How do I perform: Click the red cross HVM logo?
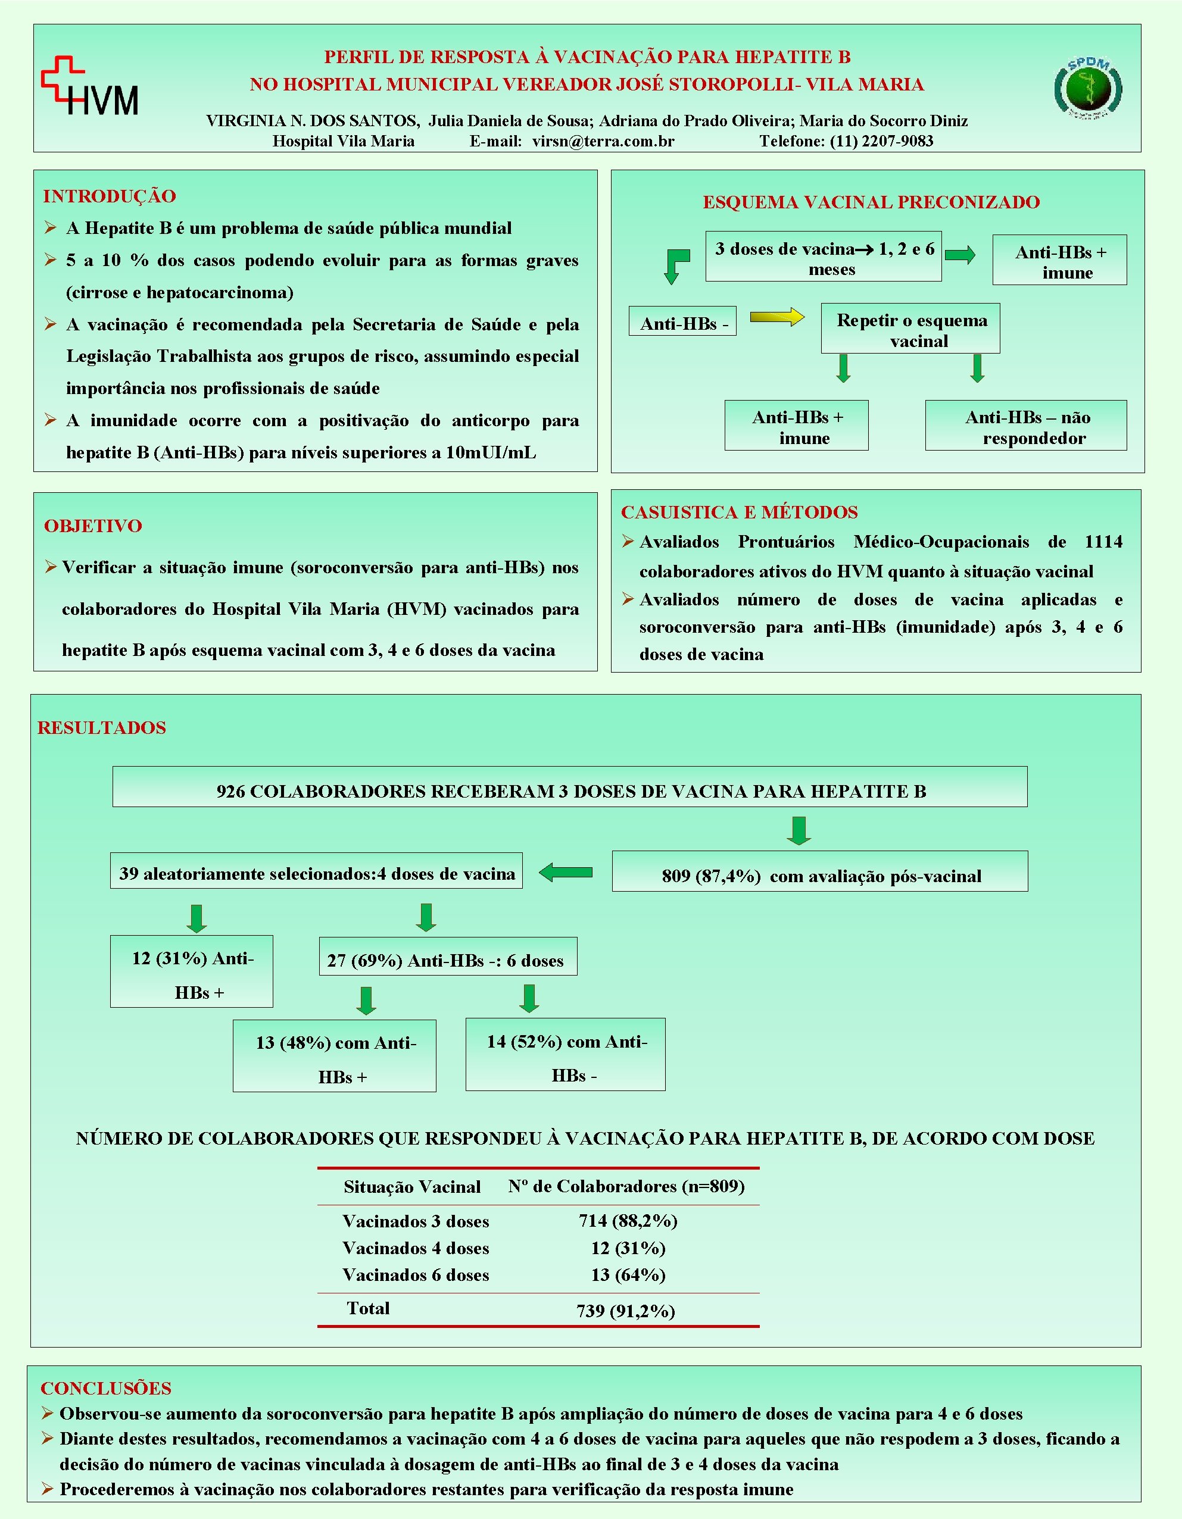[x=89, y=86]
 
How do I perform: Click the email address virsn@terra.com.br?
[x=603, y=141]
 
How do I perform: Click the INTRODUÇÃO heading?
[x=109, y=196]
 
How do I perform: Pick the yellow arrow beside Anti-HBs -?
[x=776, y=318]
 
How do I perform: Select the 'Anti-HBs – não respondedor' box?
[x=1025, y=426]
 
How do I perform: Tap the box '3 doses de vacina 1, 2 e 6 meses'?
[x=823, y=257]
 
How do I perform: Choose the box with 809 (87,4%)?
[x=819, y=875]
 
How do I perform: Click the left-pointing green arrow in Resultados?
[x=566, y=872]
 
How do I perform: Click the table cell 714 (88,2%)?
[x=628, y=1221]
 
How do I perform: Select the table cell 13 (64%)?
[x=628, y=1275]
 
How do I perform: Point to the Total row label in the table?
[x=368, y=1308]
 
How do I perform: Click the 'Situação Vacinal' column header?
[x=412, y=1186]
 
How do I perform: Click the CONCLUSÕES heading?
[x=106, y=1388]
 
